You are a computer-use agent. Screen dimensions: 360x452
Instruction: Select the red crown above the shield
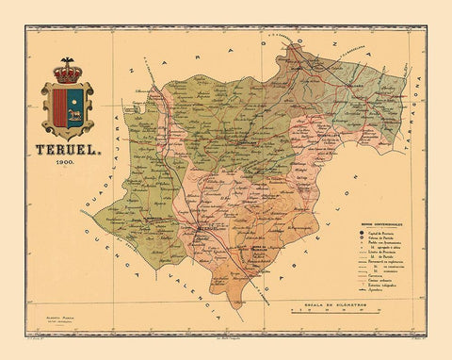tap(66, 72)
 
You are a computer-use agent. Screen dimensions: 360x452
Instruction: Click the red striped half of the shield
tap(58, 108)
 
